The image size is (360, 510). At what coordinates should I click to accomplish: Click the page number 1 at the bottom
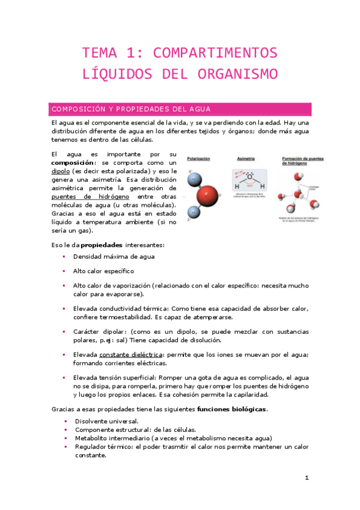(307, 478)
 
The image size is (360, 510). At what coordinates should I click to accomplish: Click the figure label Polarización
(198, 159)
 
